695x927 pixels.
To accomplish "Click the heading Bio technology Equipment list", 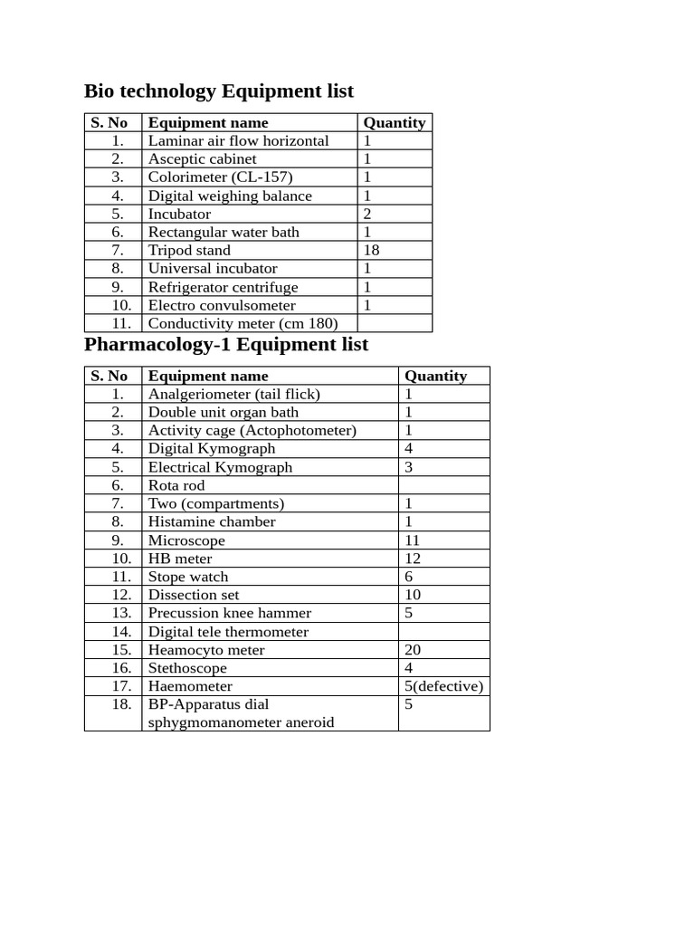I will pos(218,91).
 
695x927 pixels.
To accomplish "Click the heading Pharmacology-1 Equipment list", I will pos(226,345).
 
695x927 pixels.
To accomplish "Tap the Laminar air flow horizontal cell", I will pos(238,141).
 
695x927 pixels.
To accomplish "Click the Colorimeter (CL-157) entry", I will pos(220,177).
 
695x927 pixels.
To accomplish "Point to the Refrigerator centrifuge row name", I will pos(223,287).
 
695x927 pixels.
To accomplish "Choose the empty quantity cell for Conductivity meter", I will pos(395,323).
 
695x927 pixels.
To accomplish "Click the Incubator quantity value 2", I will pos(367,214).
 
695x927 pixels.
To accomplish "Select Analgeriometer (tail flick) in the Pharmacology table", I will pos(233,394).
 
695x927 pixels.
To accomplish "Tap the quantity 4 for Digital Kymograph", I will pos(409,448).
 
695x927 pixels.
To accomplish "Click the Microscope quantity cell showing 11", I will pos(413,540).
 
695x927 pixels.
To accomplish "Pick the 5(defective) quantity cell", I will pos(443,686).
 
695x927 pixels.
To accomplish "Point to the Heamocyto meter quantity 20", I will pos(413,650).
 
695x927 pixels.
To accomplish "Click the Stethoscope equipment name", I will pos(187,668).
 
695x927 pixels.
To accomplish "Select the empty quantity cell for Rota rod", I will pos(443,485).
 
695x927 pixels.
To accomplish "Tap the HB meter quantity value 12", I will pos(413,559).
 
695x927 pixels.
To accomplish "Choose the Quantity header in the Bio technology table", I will pos(394,123).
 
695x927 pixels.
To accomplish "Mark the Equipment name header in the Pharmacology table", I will pos(208,376).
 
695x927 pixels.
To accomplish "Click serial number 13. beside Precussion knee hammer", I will pos(121,613).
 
